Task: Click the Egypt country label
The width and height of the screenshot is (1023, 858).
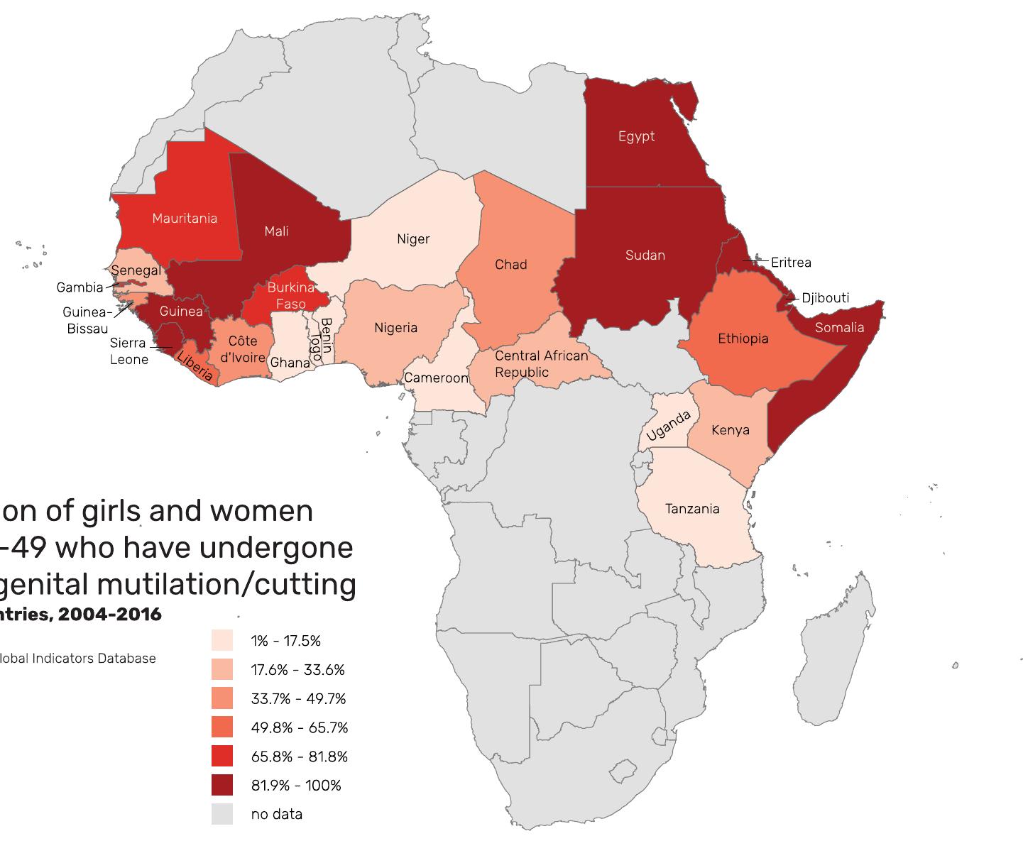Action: [x=636, y=136]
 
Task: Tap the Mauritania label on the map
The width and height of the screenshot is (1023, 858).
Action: [x=185, y=218]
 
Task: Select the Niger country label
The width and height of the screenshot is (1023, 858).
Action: [x=413, y=239]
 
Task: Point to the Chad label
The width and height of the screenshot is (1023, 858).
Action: [x=510, y=265]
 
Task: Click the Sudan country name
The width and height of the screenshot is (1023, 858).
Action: [x=645, y=255]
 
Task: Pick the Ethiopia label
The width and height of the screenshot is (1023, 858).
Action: [x=743, y=339]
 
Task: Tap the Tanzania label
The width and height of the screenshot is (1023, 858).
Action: [x=692, y=509]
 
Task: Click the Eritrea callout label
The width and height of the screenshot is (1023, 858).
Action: [x=791, y=263]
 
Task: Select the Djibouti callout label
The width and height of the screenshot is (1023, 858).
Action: [x=825, y=298]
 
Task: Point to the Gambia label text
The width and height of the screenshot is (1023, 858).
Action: [x=80, y=287]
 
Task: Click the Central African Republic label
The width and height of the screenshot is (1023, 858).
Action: [x=541, y=364]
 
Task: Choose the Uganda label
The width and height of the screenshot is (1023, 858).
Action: [x=667, y=426]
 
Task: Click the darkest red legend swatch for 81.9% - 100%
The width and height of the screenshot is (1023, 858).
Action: [x=222, y=785]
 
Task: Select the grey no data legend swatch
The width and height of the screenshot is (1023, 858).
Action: [x=222, y=814]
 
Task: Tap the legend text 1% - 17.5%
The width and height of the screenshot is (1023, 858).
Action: [x=285, y=641]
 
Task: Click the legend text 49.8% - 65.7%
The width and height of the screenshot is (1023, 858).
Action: [x=299, y=727]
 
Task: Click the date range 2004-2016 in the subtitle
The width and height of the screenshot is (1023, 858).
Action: [x=110, y=615]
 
